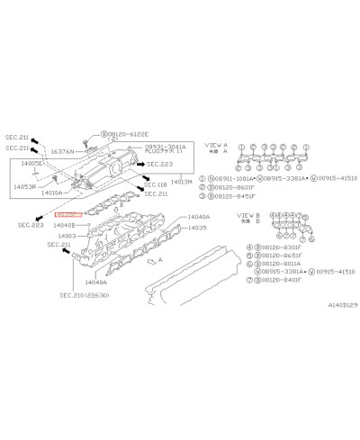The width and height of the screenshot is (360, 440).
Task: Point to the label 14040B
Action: coord(66,226)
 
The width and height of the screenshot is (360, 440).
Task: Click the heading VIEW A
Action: coord(216,144)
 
